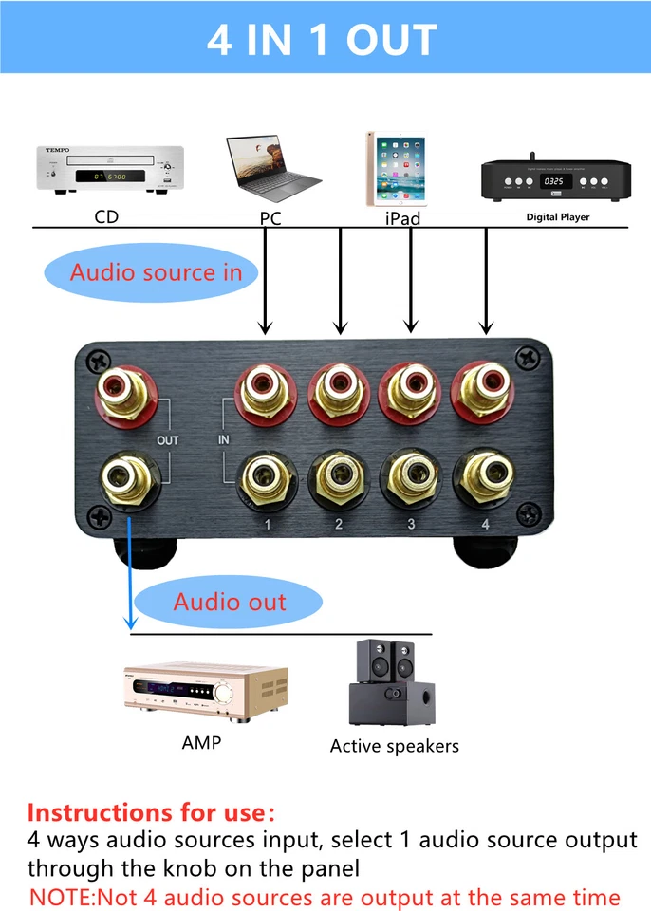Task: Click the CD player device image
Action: click(110, 170)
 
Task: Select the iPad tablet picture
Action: click(395, 169)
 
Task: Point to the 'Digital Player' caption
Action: click(558, 217)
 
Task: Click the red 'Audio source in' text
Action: click(156, 273)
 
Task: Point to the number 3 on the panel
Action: click(411, 524)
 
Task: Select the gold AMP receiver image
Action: click(205, 689)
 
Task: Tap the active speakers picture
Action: click(392, 684)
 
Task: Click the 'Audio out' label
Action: click(229, 602)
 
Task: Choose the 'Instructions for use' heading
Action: click(151, 812)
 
